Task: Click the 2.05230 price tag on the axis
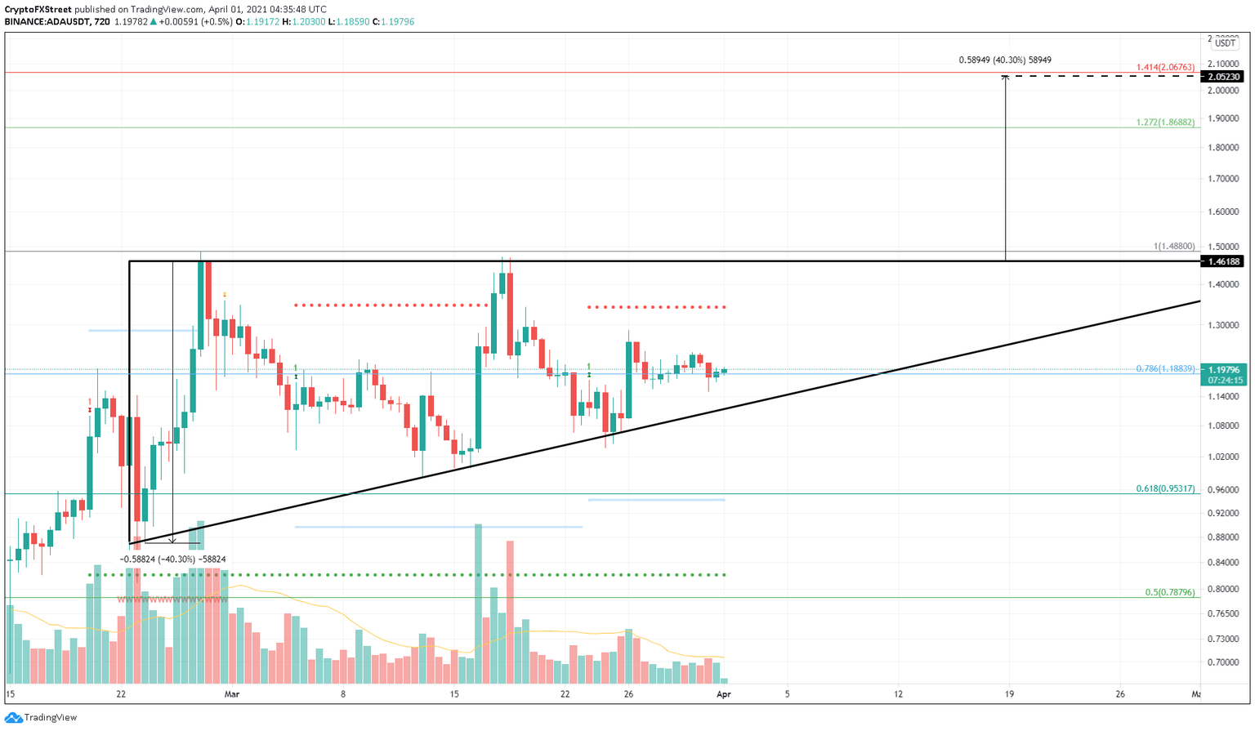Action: pos(1225,77)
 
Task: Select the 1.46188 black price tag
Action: pos(1225,261)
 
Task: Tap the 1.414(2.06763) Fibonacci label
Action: pos(1165,67)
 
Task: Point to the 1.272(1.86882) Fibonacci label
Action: pos(1165,123)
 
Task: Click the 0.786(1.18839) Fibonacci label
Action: pos(1165,369)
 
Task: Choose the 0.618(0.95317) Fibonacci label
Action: pos(1165,489)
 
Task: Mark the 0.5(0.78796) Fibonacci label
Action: pos(1169,593)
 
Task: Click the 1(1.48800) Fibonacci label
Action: pos(1174,246)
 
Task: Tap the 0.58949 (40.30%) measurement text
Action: pos(1004,60)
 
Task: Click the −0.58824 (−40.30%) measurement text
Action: pos(172,559)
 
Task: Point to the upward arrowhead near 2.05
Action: pos(1006,78)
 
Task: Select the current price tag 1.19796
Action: pos(1225,370)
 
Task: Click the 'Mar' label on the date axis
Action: pos(233,694)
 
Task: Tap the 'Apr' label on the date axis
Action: pos(723,694)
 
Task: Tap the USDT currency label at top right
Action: pos(1225,42)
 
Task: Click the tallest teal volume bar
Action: pos(478,604)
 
